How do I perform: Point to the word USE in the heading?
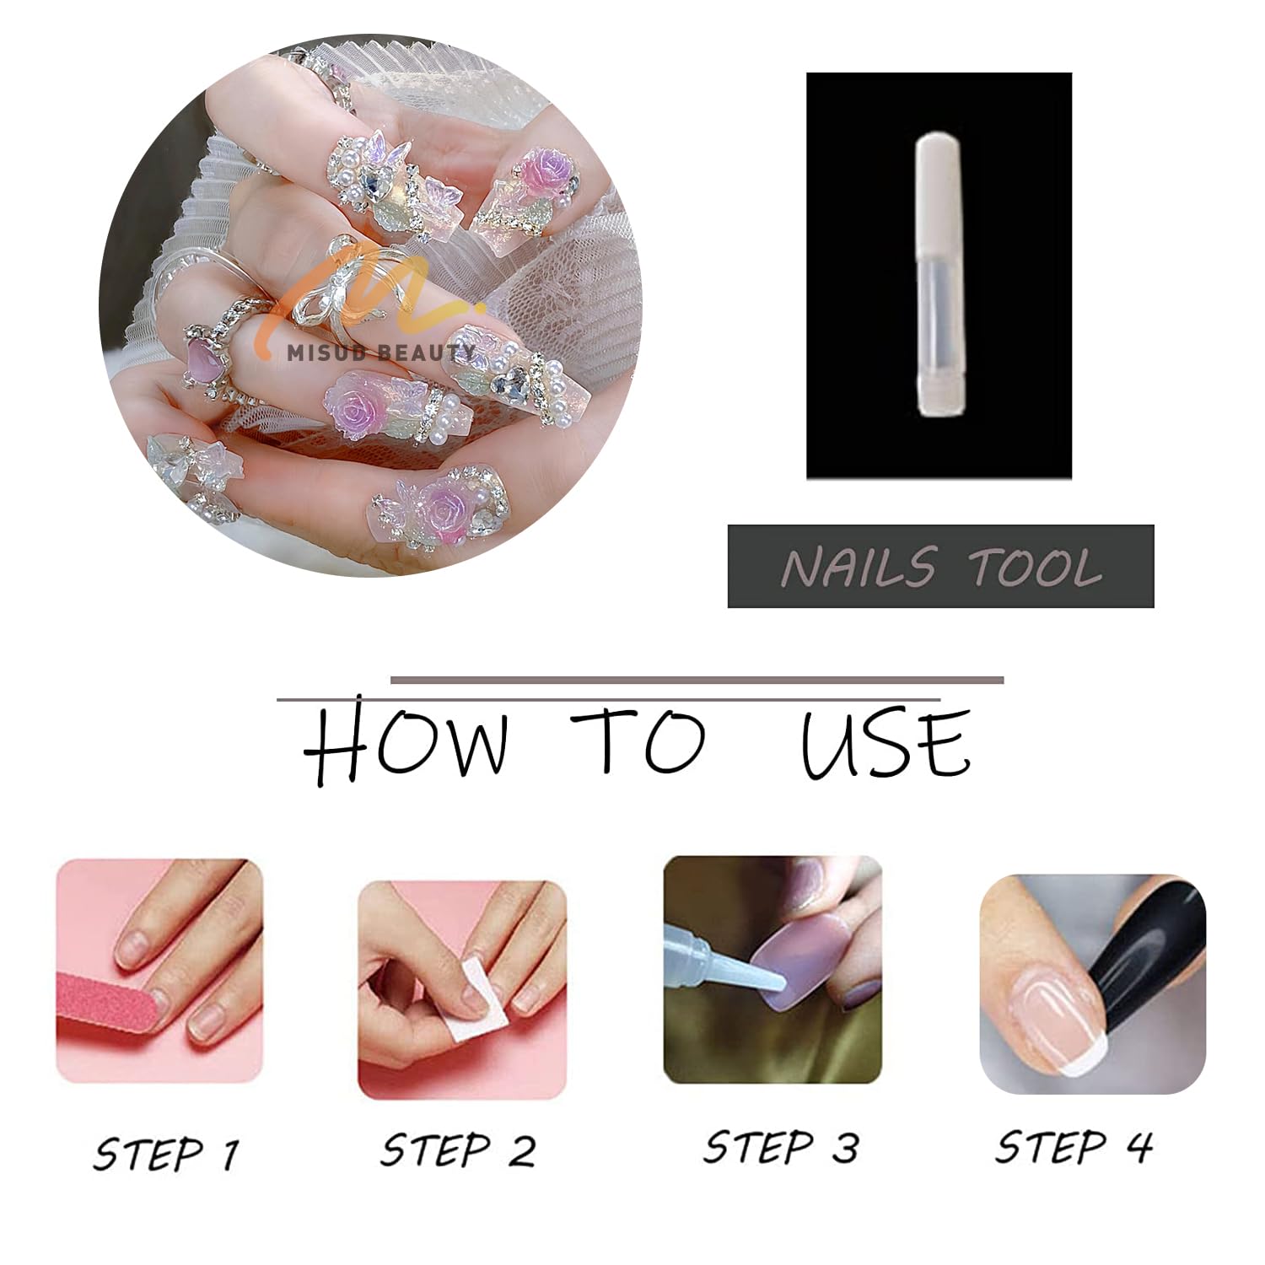[x=885, y=742]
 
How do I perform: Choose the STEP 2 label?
[x=458, y=1149]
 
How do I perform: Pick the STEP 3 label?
[x=781, y=1147]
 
